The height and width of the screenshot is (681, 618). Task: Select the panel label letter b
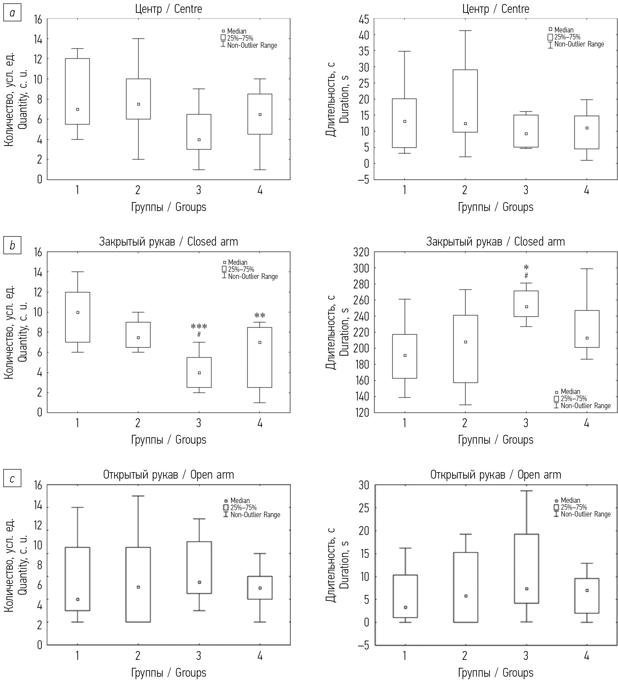point(12,246)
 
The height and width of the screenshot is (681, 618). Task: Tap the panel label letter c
point(12,479)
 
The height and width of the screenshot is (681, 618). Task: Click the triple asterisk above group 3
point(199,327)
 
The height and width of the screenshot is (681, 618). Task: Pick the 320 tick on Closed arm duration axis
point(361,252)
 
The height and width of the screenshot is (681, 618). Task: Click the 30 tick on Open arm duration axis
point(364,485)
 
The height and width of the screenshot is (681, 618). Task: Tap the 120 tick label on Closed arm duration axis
point(361,412)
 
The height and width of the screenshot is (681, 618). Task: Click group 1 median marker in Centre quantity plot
point(78,109)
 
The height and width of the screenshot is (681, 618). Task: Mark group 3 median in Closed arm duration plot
point(526,307)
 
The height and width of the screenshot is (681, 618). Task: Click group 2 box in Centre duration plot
point(465,101)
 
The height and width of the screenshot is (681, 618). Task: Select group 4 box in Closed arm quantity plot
point(260,357)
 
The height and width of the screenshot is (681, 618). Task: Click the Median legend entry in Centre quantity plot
point(236,31)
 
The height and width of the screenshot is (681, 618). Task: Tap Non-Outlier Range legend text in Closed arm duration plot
point(586,406)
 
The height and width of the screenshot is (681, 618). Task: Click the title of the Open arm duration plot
point(496,475)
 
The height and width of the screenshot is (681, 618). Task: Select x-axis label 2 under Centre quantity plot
point(138,190)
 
